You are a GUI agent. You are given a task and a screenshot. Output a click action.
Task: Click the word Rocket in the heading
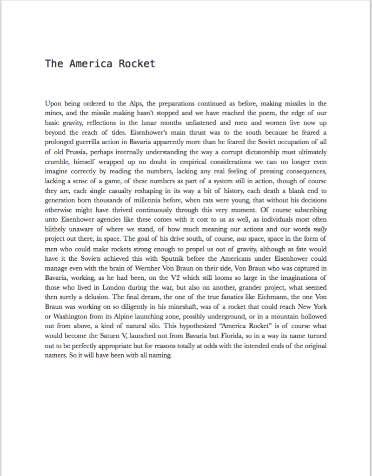pyautogui.click(x=137, y=64)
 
